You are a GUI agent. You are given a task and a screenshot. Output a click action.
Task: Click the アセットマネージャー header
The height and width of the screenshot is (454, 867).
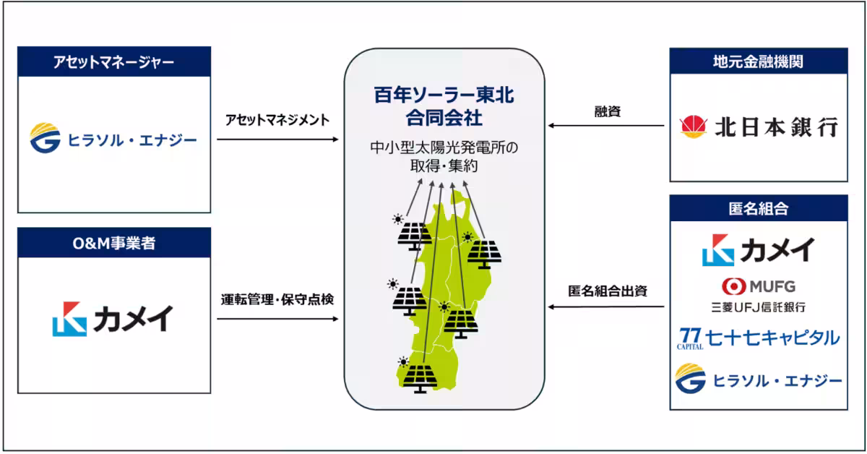point(114,62)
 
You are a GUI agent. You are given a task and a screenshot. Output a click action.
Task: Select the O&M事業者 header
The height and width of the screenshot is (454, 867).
point(114,243)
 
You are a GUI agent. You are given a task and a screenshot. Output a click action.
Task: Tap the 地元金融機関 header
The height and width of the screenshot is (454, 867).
point(758,62)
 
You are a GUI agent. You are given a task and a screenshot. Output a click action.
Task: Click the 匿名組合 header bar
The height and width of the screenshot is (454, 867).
point(758,210)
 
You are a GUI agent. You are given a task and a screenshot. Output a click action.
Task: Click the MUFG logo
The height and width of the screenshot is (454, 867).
point(758,286)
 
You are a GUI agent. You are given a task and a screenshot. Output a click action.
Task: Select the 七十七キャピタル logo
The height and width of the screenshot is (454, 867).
point(758,338)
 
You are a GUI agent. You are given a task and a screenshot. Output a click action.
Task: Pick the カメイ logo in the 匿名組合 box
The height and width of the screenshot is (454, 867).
point(758,249)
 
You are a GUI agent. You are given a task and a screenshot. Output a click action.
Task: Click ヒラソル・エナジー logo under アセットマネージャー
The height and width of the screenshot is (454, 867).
point(113,139)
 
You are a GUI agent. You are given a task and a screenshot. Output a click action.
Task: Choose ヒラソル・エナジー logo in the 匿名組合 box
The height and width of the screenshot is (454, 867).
point(758,380)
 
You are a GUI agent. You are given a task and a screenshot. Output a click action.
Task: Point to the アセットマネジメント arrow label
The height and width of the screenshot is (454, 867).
point(277,119)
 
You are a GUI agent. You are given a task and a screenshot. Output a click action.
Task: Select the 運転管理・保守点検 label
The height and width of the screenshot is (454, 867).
point(277,299)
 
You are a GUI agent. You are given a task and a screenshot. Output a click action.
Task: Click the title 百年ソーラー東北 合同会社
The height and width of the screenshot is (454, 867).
point(444,106)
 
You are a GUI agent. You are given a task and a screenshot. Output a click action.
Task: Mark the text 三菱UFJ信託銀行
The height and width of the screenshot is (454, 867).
point(758,307)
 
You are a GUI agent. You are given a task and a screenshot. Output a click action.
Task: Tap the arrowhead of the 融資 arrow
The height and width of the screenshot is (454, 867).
point(551,126)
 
